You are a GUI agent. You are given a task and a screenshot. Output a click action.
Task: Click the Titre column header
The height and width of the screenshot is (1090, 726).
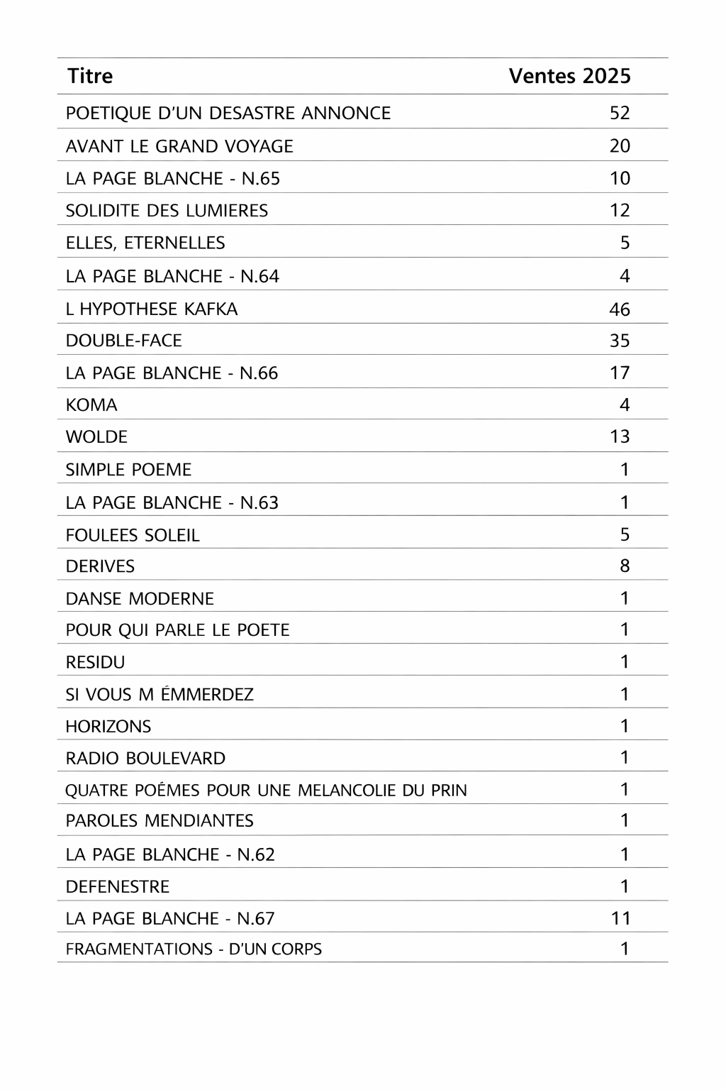pos(90,76)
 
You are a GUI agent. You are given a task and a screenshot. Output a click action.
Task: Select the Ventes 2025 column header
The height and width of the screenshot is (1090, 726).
pos(569,76)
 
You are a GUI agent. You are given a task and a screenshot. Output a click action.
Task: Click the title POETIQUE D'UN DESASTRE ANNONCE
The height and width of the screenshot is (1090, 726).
pos(228,113)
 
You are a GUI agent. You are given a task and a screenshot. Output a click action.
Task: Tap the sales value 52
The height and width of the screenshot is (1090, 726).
pos(620,113)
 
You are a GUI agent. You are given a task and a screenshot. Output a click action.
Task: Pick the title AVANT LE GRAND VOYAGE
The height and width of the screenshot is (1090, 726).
pos(179,146)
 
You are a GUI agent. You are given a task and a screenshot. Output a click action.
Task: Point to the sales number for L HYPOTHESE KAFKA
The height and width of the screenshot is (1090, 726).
pos(620,309)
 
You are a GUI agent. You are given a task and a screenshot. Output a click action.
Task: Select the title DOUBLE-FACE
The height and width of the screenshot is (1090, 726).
pos(124,341)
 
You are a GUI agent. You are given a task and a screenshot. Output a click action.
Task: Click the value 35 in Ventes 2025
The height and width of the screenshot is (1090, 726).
pos(620,341)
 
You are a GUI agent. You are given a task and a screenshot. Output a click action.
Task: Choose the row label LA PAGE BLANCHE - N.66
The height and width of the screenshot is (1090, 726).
pos(172,373)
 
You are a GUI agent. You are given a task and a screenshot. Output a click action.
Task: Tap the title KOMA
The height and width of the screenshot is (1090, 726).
pos(91,405)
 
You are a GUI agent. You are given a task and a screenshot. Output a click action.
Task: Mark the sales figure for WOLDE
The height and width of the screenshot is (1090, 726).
pos(620,436)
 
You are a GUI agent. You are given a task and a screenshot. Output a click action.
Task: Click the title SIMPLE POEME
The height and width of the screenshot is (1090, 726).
pos(128,470)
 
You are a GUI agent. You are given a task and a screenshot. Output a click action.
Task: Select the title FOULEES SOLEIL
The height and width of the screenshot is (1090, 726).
pos(133,535)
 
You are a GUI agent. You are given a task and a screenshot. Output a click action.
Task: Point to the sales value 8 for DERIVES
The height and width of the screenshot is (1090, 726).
pos(625,566)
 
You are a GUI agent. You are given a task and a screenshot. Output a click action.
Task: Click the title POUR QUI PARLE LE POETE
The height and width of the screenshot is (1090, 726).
pos(178,630)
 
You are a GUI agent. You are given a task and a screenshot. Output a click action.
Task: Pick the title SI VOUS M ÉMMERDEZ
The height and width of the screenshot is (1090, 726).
pos(160,694)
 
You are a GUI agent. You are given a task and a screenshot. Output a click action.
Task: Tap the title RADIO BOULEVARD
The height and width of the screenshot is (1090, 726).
pos(145,758)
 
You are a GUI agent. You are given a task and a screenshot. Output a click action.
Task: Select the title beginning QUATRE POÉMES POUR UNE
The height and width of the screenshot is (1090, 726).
pos(266,790)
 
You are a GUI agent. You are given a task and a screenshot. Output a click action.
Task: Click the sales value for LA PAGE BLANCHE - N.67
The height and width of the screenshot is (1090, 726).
pos(620,918)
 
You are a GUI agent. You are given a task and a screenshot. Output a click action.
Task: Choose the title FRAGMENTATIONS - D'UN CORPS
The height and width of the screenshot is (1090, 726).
pos(194,949)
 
